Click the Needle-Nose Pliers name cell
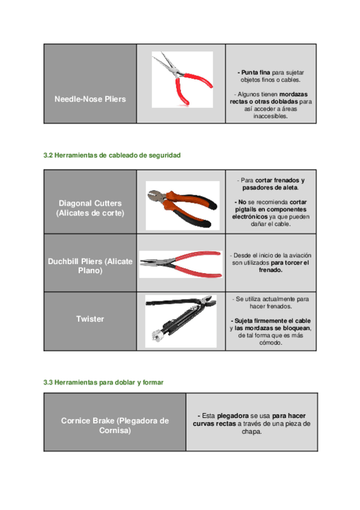(x=90, y=84)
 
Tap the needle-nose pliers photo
(x=182, y=79)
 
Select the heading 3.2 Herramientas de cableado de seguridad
(x=112, y=155)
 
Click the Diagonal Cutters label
(x=90, y=208)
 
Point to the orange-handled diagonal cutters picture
(x=183, y=206)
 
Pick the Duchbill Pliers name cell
(x=90, y=263)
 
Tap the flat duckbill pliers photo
(x=181, y=264)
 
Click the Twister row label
(x=90, y=319)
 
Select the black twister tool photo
(x=181, y=321)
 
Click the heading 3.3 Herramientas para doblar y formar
(x=103, y=382)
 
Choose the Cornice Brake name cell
(x=115, y=422)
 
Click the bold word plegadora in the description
(x=233, y=416)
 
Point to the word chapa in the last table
(x=252, y=432)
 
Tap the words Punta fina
(x=255, y=73)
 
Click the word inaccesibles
(x=270, y=116)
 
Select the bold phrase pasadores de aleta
(x=270, y=188)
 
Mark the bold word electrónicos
(x=250, y=217)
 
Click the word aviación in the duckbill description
(x=297, y=256)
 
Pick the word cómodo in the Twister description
(x=270, y=343)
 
